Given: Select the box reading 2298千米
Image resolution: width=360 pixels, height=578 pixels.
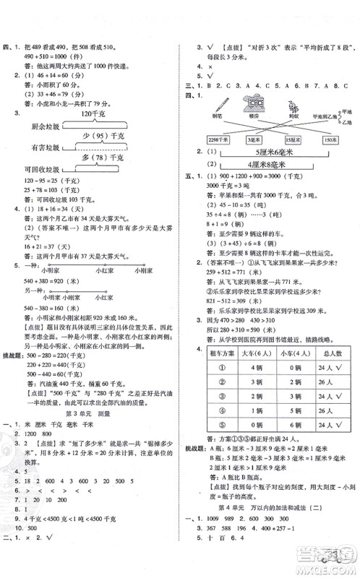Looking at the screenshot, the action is [218, 139].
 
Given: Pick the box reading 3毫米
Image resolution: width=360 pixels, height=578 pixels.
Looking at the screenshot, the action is [254, 139].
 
